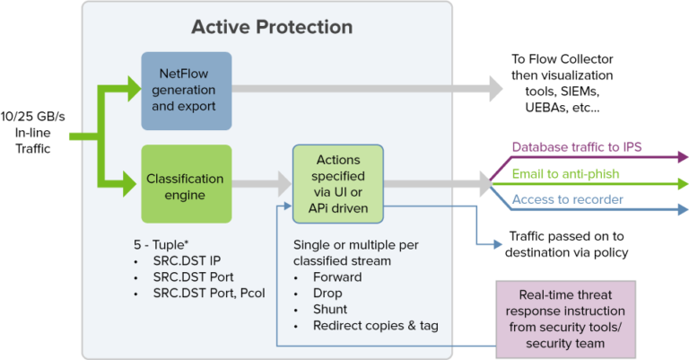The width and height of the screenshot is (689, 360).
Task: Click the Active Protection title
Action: (271, 26)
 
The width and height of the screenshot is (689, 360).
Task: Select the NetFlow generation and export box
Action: (186, 89)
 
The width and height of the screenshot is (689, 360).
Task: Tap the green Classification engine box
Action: (186, 184)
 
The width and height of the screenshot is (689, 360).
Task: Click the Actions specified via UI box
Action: (338, 183)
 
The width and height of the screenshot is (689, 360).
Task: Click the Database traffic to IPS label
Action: (576, 146)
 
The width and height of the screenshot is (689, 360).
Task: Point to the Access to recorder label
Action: (567, 198)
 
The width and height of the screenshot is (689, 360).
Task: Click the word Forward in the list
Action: (337, 277)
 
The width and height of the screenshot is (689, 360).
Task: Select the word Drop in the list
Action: (327, 293)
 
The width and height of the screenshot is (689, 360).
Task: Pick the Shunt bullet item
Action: (330, 309)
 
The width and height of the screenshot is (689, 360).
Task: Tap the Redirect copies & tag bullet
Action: (375, 325)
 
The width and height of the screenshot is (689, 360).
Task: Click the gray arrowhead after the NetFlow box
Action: (494, 88)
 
